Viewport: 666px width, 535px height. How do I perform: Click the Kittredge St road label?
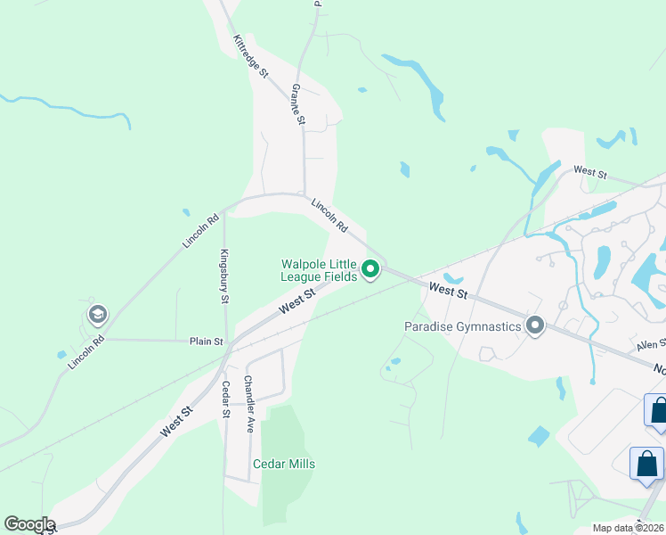pos(250,55)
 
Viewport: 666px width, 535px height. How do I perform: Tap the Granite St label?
pos(298,104)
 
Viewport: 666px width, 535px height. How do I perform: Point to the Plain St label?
pos(206,341)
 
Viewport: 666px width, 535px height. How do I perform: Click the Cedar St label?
pos(226,399)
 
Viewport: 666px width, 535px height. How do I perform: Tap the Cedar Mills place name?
pos(284,464)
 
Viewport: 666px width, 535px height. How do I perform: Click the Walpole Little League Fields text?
pos(319,270)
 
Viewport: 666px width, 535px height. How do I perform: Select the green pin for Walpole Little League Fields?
pos(370,268)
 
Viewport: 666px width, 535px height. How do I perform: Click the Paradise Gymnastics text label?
pos(463,326)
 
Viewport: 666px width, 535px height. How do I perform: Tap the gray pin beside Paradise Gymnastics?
pos(535,325)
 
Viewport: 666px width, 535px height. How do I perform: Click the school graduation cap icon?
pos(97,314)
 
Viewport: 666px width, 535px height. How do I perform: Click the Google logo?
pos(29,524)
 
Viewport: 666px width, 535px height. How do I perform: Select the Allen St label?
pos(651,345)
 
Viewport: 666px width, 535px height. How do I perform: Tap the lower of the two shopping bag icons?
pos(646,464)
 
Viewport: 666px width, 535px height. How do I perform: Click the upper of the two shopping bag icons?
pos(658,410)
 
